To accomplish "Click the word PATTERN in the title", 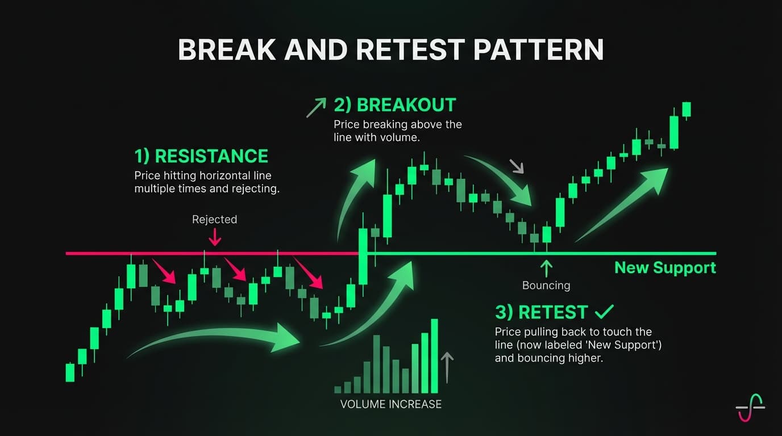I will [538, 50].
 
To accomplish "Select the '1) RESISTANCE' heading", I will [201, 156].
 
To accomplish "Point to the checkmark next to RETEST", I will [603, 311].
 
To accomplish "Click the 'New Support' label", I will [665, 268].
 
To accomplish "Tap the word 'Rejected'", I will [214, 219].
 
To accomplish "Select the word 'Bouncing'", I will [546, 286].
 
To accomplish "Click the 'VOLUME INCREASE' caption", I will [390, 404].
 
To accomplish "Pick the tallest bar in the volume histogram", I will [435, 356].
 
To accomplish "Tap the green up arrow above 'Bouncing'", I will [546, 268].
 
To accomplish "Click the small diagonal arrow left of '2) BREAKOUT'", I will [316, 107].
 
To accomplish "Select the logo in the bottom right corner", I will [750, 408].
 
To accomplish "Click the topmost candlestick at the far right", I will [687, 109].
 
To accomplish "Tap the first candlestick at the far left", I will [70, 372].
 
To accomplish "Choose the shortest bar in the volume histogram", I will [338, 389].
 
